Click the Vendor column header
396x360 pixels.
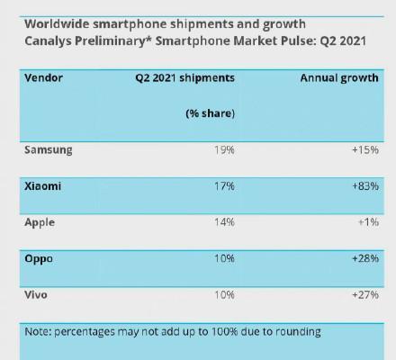[x=44, y=78]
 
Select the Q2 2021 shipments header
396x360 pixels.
[x=184, y=78]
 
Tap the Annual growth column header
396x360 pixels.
[x=339, y=78]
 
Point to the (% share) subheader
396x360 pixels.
[x=210, y=113]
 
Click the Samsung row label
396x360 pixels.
[x=49, y=150]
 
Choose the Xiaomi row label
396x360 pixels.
[x=43, y=186]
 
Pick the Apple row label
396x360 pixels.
[x=40, y=222]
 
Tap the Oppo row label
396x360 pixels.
[x=39, y=259]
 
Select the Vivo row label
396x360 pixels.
[x=36, y=295]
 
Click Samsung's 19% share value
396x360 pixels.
[x=224, y=149]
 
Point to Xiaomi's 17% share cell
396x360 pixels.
[x=224, y=186]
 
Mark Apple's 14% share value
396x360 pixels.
[x=224, y=222]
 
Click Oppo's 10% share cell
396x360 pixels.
[x=224, y=258]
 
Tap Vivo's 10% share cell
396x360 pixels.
[x=224, y=295]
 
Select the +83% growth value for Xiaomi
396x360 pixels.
[x=365, y=186]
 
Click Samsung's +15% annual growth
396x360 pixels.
[x=365, y=149]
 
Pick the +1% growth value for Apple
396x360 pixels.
[x=369, y=222]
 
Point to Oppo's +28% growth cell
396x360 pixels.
[x=365, y=258]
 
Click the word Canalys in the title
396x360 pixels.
[x=48, y=41]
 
